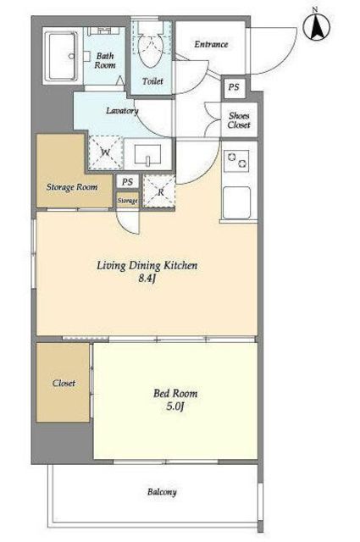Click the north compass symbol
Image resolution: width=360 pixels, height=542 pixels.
pyautogui.click(x=316, y=26)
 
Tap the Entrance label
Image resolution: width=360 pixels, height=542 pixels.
pyautogui.click(x=211, y=44)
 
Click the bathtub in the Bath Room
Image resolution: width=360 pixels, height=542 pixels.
pyautogui.click(x=63, y=57)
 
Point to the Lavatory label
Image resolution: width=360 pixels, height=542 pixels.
pyautogui.click(x=122, y=111)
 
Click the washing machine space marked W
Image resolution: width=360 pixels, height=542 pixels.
pyautogui.click(x=106, y=152)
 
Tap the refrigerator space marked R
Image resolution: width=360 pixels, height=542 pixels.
pyautogui.click(x=160, y=192)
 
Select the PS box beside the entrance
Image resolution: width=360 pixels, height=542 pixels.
pyautogui.click(x=234, y=86)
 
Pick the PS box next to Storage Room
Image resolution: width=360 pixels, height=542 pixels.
pyautogui.click(x=127, y=182)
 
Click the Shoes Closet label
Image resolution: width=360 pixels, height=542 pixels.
pyautogui.click(x=239, y=120)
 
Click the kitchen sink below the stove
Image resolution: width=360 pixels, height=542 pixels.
pyautogui.click(x=237, y=203)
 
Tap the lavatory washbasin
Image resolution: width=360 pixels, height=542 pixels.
pyautogui.click(x=147, y=154)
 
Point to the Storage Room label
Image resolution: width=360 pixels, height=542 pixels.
pyautogui.click(x=72, y=187)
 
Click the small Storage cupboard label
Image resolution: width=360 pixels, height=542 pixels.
pyautogui.click(x=127, y=201)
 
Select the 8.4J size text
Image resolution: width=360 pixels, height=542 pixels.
pyautogui.click(x=147, y=279)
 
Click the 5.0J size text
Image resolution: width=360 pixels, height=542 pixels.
pyautogui.click(x=174, y=406)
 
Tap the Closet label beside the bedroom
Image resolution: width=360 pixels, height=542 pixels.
pyautogui.click(x=64, y=383)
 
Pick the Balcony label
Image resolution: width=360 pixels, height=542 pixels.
pyautogui.click(x=162, y=492)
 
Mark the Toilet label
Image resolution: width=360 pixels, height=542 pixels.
pyautogui.click(x=152, y=81)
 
